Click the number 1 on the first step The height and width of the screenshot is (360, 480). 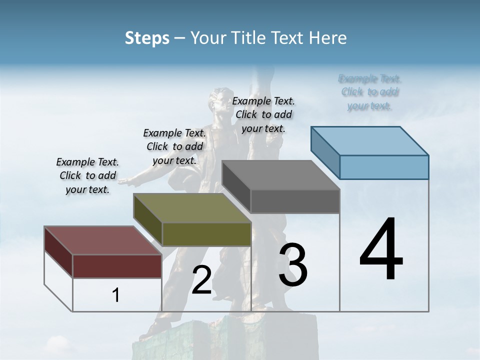[x=116, y=295]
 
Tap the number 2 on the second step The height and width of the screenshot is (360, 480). [x=201, y=280]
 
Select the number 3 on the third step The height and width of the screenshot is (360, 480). [x=293, y=265]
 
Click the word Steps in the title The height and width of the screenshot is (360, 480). [x=147, y=38]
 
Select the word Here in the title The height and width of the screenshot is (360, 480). [x=329, y=38]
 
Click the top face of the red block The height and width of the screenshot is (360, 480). [x=102, y=240]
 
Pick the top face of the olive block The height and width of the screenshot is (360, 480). [x=192, y=207]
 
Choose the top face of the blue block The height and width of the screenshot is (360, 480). [x=370, y=140]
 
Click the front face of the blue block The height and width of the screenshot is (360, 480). [x=384, y=167]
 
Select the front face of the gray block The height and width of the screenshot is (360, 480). [x=295, y=201]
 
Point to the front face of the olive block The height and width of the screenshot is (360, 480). [x=206, y=234]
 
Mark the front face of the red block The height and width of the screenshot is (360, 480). [x=117, y=266]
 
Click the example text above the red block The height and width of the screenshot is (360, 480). [x=87, y=175]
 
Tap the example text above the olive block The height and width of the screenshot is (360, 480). [x=174, y=146]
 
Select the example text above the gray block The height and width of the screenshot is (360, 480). [x=263, y=114]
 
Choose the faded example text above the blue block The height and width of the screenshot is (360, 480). [x=370, y=92]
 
